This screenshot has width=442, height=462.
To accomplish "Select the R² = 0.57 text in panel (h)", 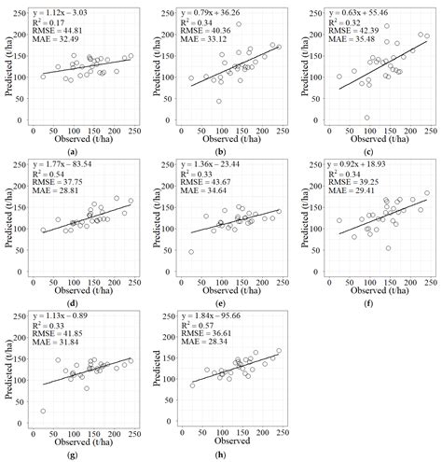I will [206, 324].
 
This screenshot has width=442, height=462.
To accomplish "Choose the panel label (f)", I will [370, 292].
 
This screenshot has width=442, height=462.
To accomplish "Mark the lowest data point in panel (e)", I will [191, 252].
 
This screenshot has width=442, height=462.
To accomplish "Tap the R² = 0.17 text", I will [55, 21].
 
